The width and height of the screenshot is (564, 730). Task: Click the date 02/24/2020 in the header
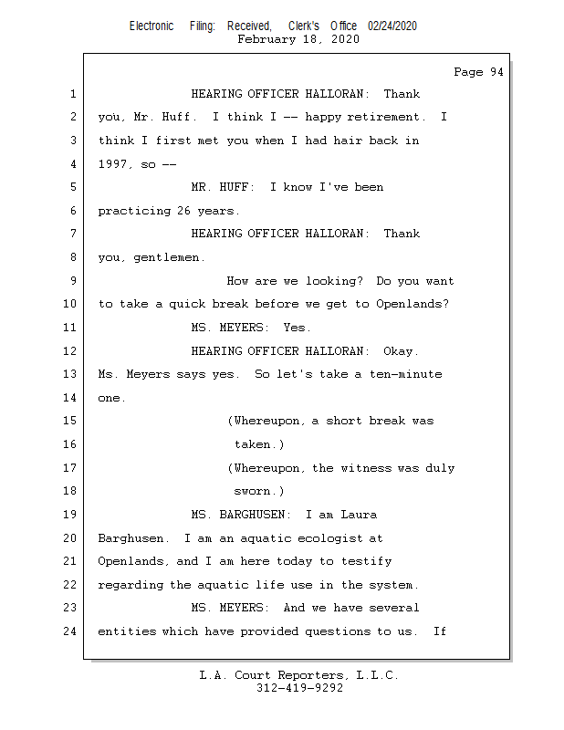tap(392, 26)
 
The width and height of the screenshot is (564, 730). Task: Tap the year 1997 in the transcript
tap(116, 164)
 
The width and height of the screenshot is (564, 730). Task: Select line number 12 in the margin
tap(70, 351)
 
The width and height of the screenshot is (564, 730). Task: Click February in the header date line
tap(266, 39)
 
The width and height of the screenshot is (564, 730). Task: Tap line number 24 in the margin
tap(70, 631)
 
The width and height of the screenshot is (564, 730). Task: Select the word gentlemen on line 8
tap(169, 257)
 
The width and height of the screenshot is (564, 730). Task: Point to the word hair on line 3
tap(341, 141)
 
